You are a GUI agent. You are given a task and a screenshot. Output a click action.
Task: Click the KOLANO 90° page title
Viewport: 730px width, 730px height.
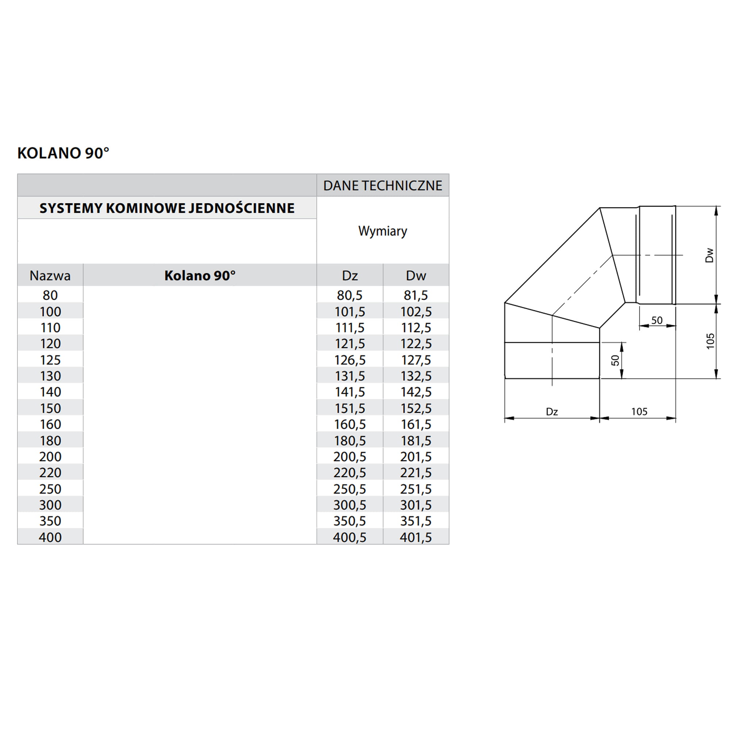tap(63, 153)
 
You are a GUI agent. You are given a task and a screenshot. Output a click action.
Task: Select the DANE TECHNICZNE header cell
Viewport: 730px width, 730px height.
tap(383, 185)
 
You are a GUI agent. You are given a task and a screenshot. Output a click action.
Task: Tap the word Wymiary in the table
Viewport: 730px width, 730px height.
tap(383, 231)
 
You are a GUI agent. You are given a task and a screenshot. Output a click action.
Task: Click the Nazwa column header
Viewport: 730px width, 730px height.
tap(50, 276)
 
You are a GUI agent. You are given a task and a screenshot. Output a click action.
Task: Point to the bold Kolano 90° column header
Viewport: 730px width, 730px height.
tap(200, 276)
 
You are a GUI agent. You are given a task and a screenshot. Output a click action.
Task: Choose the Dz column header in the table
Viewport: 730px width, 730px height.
tap(350, 276)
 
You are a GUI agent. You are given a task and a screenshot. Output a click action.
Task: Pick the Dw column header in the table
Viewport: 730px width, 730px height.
tap(416, 276)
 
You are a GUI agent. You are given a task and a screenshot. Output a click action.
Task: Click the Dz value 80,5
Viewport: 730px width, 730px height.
tap(350, 295)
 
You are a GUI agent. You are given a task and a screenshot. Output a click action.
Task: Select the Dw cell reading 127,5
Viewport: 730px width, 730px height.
tap(416, 360)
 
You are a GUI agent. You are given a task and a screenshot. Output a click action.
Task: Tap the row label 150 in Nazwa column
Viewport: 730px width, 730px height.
tap(50, 408)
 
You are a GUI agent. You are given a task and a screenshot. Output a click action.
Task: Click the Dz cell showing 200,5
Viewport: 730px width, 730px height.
tap(350, 457)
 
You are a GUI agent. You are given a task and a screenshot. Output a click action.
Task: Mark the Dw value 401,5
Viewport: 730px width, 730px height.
tap(416, 537)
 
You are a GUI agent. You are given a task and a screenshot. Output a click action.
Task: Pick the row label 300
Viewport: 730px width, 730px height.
tap(50, 505)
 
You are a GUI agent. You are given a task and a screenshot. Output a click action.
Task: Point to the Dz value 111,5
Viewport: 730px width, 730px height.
tap(350, 328)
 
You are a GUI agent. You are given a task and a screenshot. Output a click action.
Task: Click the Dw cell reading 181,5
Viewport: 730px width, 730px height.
tap(416, 441)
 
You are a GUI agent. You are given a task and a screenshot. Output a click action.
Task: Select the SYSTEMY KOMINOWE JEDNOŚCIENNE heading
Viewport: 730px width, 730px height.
tap(167, 208)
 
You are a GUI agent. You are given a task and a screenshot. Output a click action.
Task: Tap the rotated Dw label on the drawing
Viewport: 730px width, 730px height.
tap(709, 255)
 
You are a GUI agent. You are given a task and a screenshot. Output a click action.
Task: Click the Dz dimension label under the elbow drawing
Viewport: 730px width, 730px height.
tap(552, 411)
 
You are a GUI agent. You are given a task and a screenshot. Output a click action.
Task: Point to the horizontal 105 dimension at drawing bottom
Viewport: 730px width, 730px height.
tap(639, 411)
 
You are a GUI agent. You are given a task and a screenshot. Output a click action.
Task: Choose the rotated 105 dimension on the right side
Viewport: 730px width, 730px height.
tap(710, 341)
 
